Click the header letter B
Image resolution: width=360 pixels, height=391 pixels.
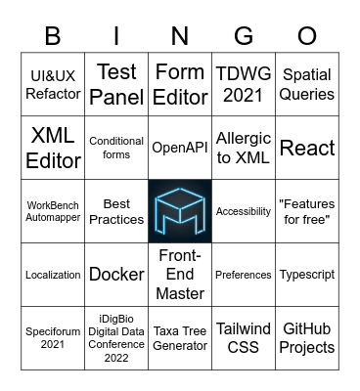point(53,35)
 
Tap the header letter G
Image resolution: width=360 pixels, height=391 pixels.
point(244,35)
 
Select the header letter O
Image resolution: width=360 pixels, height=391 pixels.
point(307,35)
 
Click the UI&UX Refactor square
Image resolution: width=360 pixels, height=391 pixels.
point(53,84)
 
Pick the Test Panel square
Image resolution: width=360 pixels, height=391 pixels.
point(116,84)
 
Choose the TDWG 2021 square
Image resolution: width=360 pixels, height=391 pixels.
point(244,84)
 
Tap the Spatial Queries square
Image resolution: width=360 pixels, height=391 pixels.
point(307,84)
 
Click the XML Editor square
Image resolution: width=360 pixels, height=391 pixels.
point(53,148)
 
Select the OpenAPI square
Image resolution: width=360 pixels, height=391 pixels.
point(180,148)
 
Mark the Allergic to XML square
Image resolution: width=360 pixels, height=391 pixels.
point(244,148)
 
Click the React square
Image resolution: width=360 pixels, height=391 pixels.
point(307,148)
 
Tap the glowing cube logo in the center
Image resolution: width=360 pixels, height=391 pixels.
point(180,211)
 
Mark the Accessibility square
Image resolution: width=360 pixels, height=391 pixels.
point(244,211)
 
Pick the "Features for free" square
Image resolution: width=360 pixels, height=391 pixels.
point(307,211)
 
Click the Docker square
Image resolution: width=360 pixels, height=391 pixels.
point(116,275)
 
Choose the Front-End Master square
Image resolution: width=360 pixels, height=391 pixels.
point(180,275)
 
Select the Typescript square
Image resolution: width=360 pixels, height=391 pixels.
point(307,275)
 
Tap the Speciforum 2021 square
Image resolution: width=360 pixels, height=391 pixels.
point(53,338)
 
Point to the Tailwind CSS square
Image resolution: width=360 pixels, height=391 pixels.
point(244,338)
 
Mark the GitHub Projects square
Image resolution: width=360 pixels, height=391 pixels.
point(307,338)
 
